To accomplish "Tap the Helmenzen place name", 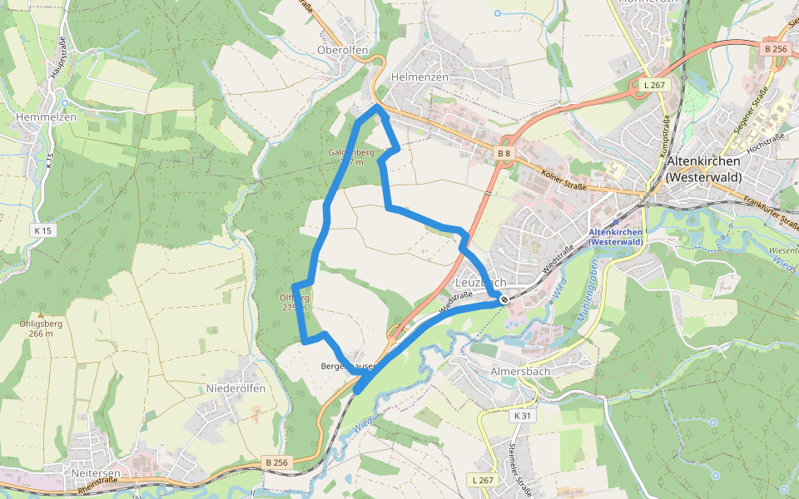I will click(419, 77).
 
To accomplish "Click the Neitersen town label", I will click(96, 473).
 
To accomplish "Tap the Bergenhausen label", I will click(348, 366).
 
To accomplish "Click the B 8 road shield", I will click(504, 153).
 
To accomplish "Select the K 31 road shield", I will click(522, 415).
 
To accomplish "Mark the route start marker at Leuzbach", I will click(504, 299).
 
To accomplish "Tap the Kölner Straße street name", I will click(563, 181).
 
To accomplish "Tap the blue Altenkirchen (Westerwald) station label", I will click(616, 236).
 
